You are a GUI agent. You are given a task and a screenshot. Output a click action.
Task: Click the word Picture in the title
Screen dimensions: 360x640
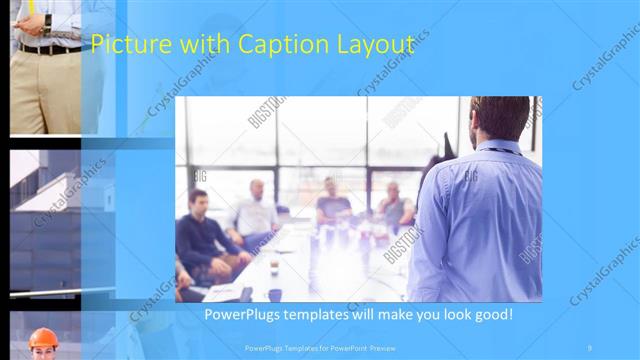pos(124,46)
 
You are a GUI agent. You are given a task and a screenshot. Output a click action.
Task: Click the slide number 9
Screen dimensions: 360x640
pos(590,347)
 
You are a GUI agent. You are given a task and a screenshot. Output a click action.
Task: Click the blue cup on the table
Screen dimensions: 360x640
pos(275,294)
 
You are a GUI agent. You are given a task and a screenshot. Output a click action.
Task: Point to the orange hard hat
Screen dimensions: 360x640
pos(42,337)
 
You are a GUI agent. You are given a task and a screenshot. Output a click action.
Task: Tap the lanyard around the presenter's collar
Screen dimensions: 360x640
pos(497,150)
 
